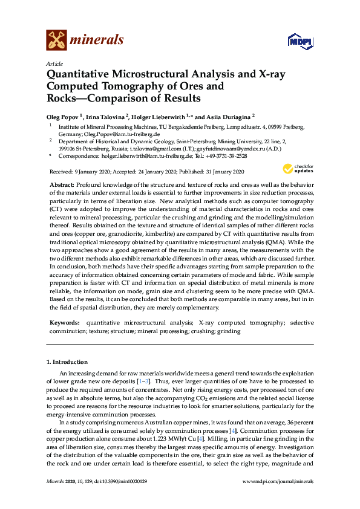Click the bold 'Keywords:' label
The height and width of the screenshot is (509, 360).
(64, 323)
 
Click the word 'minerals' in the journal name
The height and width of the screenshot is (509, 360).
(97, 41)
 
